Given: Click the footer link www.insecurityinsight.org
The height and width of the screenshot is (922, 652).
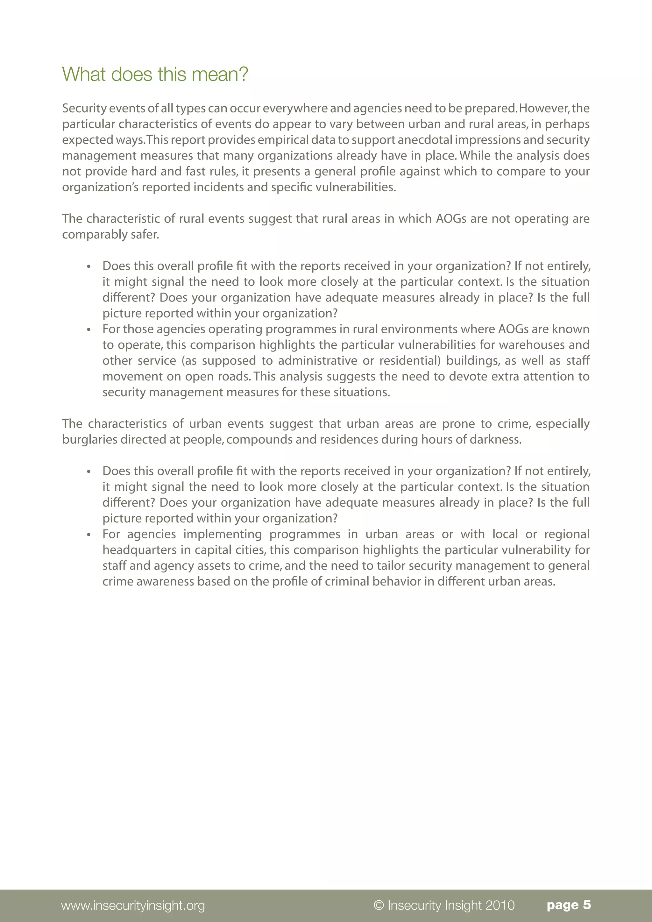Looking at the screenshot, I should pos(133,905).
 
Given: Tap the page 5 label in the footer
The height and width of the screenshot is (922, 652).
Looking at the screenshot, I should pos(569,905).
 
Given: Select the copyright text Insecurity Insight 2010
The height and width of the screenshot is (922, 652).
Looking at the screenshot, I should pos(444,905).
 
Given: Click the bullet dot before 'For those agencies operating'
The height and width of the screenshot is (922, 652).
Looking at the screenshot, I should pos(89,330).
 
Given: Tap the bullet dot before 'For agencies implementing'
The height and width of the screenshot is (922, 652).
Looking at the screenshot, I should pos(89,535).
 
